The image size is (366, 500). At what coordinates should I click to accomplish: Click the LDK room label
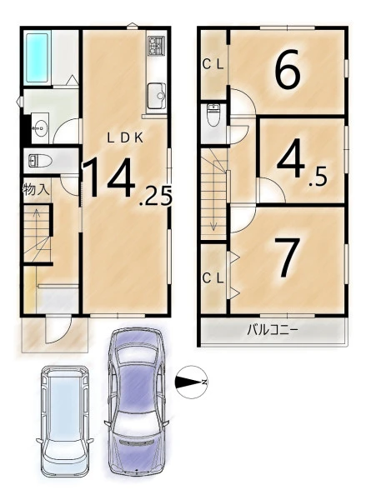(125, 137)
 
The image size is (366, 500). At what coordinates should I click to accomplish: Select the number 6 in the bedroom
(288, 68)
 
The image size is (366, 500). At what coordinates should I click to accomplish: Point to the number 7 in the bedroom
(287, 257)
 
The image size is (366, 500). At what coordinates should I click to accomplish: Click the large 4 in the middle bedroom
(290, 157)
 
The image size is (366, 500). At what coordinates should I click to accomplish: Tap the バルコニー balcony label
(273, 329)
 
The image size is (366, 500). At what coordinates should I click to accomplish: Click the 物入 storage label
(36, 190)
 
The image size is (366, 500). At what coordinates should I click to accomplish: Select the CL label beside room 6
(213, 65)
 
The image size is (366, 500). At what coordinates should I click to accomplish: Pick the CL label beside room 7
(213, 278)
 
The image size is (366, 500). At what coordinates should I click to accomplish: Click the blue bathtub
(38, 57)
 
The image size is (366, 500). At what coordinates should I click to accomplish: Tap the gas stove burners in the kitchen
(156, 45)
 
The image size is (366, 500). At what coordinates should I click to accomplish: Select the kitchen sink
(157, 96)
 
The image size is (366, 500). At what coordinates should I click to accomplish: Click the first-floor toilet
(41, 161)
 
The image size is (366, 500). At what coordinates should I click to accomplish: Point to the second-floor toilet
(213, 115)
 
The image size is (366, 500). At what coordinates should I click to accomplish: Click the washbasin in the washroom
(40, 128)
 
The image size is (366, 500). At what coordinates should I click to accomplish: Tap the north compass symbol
(192, 382)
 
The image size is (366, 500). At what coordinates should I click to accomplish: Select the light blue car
(65, 422)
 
